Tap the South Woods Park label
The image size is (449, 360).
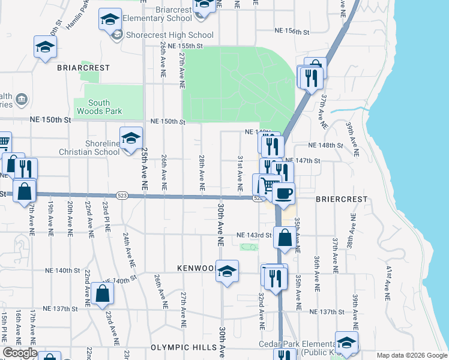click(x=99, y=107)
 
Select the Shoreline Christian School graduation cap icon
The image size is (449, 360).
click(x=130, y=139)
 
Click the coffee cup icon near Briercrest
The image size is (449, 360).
click(x=283, y=193)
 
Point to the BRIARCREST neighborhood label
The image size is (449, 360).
click(x=83, y=68)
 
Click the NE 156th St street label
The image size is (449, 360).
click(x=292, y=31)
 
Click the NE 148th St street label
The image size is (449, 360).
click(x=325, y=145)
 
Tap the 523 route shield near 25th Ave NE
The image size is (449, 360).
click(x=121, y=195)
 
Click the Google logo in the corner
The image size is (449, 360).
click(x=19, y=353)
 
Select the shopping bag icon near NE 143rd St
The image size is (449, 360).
click(x=285, y=238)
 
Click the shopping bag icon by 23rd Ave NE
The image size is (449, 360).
click(x=103, y=293)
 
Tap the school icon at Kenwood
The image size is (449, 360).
click(x=227, y=271)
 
